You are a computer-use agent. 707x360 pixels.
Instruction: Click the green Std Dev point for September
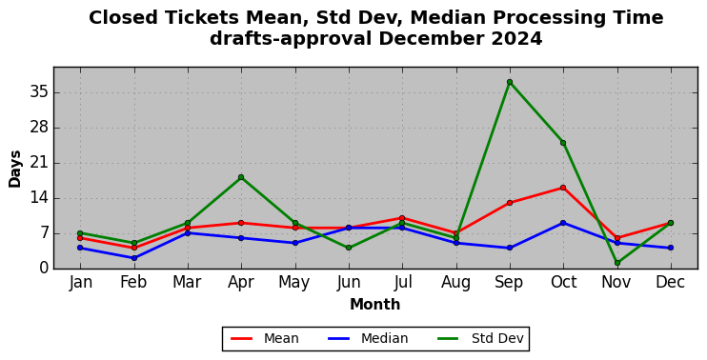pos(510,82)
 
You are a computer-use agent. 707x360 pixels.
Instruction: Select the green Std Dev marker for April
pos(241,177)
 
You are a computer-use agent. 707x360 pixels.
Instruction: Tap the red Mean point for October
pos(563,188)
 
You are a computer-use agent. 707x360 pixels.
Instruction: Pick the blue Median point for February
pos(134,258)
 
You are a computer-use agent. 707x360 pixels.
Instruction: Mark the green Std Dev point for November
pos(617,263)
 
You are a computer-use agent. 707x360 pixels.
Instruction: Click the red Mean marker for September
pos(510,203)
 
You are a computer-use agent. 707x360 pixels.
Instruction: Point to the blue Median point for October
pos(563,223)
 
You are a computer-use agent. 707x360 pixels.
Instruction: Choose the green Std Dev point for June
pos(349,248)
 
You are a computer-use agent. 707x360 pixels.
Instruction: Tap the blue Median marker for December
pos(671,248)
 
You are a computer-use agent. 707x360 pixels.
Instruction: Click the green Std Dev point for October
pos(563,143)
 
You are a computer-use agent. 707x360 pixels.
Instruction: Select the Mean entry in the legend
pos(265,338)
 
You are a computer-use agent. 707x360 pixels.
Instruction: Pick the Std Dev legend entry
pos(480,338)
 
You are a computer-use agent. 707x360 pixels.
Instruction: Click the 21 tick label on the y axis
pos(38,163)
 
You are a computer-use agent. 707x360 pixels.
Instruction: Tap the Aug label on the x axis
pos(455,283)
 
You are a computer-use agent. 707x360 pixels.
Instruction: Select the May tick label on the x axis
pos(294,283)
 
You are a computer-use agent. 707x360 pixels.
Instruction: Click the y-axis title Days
pos(15,169)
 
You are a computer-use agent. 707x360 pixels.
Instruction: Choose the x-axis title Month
pos(375,305)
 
